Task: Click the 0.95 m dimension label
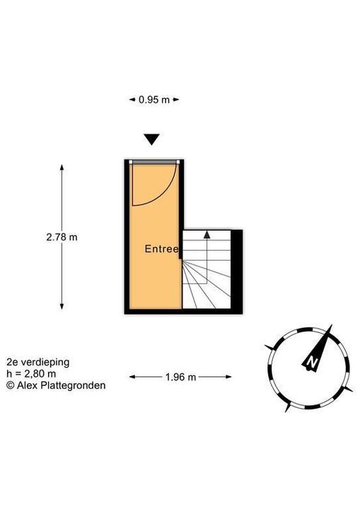point(154,100)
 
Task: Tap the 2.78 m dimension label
point(62,238)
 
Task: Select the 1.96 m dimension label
point(180,377)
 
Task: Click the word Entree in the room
point(162,249)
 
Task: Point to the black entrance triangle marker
point(152,139)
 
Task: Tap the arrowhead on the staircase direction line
point(207,235)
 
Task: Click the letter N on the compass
point(313,362)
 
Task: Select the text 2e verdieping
point(38,362)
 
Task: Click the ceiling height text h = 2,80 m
point(31,374)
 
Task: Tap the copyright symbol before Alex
point(11,385)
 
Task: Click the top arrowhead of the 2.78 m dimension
point(62,168)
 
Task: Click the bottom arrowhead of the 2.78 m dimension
point(62,306)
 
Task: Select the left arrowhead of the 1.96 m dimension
point(132,377)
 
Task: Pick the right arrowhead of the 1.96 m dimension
point(228,377)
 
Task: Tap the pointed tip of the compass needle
point(332,324)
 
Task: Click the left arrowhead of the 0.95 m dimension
point(132,100)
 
